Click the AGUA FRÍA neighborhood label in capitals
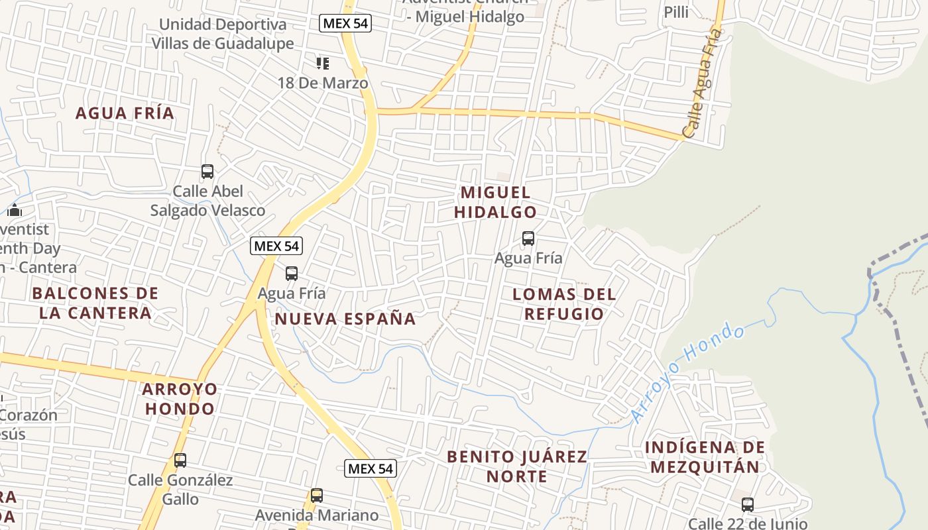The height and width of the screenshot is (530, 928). (x=125, y=113)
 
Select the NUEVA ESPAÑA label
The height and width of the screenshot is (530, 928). (x=345, y=319)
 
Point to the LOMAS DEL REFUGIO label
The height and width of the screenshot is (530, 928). (x=564, y=303)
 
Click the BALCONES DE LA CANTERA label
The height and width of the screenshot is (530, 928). (x=95, y=303)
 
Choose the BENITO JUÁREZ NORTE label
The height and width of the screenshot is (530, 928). (x=517, y=466)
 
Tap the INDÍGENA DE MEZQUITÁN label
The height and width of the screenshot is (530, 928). (x=705, y=457)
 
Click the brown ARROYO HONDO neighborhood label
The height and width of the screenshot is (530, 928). (x=180, y=398)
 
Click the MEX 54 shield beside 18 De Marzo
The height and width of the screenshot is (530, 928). (x=345, y=24)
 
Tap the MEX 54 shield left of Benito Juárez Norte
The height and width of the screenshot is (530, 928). (x=371, y=469)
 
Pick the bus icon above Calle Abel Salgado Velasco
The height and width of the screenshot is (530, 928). (x=207, y=172)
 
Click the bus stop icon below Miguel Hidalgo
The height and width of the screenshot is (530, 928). (x=528, y=238)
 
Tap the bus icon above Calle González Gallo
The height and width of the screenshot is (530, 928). (x=180, y=460)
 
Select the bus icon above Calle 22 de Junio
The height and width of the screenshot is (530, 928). (x=748, y=505)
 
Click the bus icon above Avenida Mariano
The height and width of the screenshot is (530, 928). (x=317, y=496)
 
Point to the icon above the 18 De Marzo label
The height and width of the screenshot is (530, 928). (x=323, y=64)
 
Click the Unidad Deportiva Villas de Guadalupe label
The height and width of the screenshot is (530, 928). (x=223, y=34)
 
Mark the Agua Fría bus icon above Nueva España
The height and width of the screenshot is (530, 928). (x=292, y=273)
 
